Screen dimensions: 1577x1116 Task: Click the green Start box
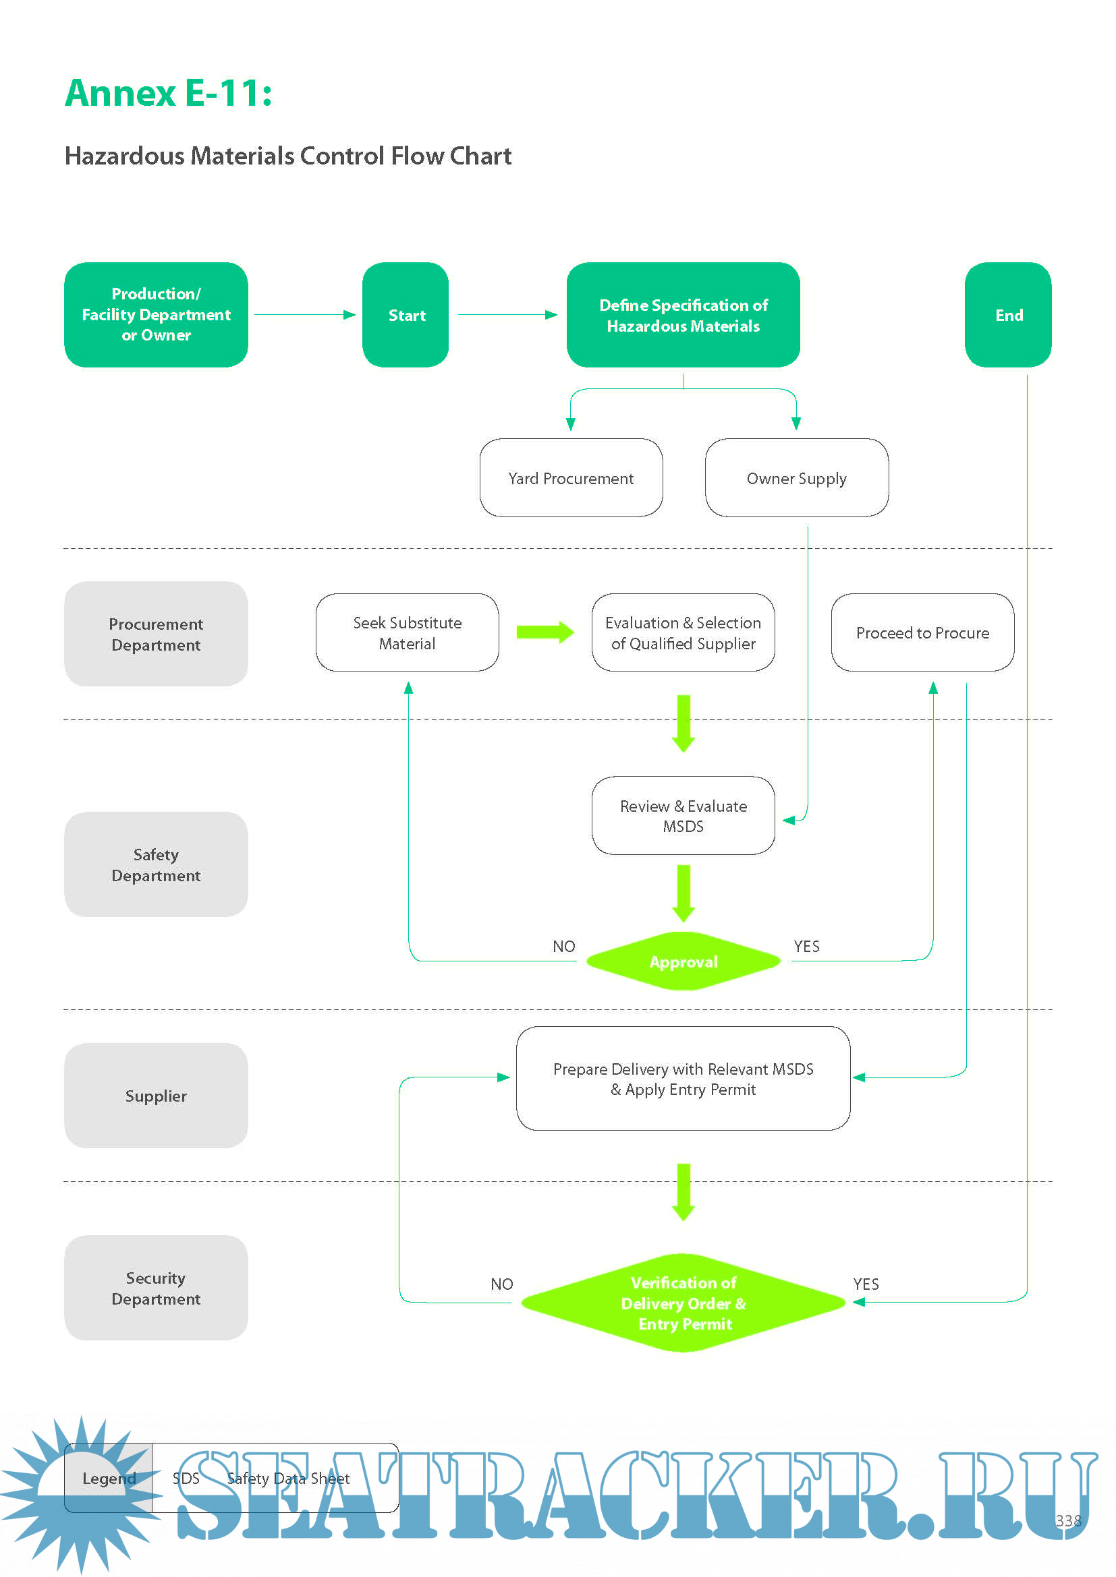tap(406, 315)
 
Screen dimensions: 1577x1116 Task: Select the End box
tap(1007, 315)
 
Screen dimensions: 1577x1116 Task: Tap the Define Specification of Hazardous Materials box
tap(682, 315)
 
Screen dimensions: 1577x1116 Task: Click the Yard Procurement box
tap(570, 477)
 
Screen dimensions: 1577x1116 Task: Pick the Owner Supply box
tap(796, 477)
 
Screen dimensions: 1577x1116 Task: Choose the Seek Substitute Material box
tap(407, 632)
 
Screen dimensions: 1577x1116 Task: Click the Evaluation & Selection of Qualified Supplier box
tap(682, 632)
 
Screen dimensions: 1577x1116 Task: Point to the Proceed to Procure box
tap(922, 632)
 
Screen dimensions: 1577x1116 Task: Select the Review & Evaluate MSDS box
tap(682, 815)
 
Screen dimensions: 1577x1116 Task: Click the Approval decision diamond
tap(682, 961)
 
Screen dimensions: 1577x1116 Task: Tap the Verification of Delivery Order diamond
tap(682, 1303)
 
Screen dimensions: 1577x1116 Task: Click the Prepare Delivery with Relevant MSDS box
tap(682, 1078)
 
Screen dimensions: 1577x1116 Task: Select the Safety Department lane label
tap(156, 864)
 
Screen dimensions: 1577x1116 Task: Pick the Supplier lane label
tap(156, 1095)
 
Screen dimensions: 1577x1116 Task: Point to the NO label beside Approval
tap(563, 946)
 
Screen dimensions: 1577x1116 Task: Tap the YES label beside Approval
tap(806, 946)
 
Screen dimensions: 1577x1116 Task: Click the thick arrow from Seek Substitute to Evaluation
tap(545, 632)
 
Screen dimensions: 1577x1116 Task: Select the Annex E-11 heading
tap(169, 93)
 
